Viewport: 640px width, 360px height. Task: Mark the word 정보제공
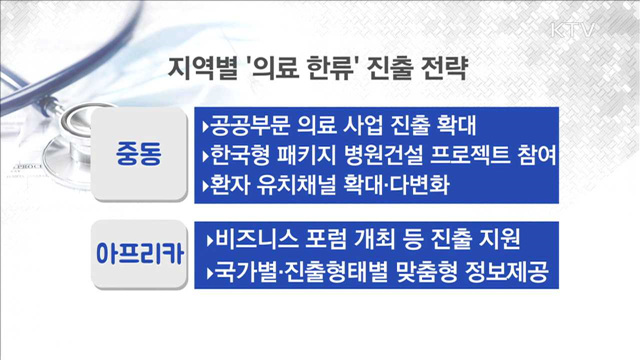[509, 270]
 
